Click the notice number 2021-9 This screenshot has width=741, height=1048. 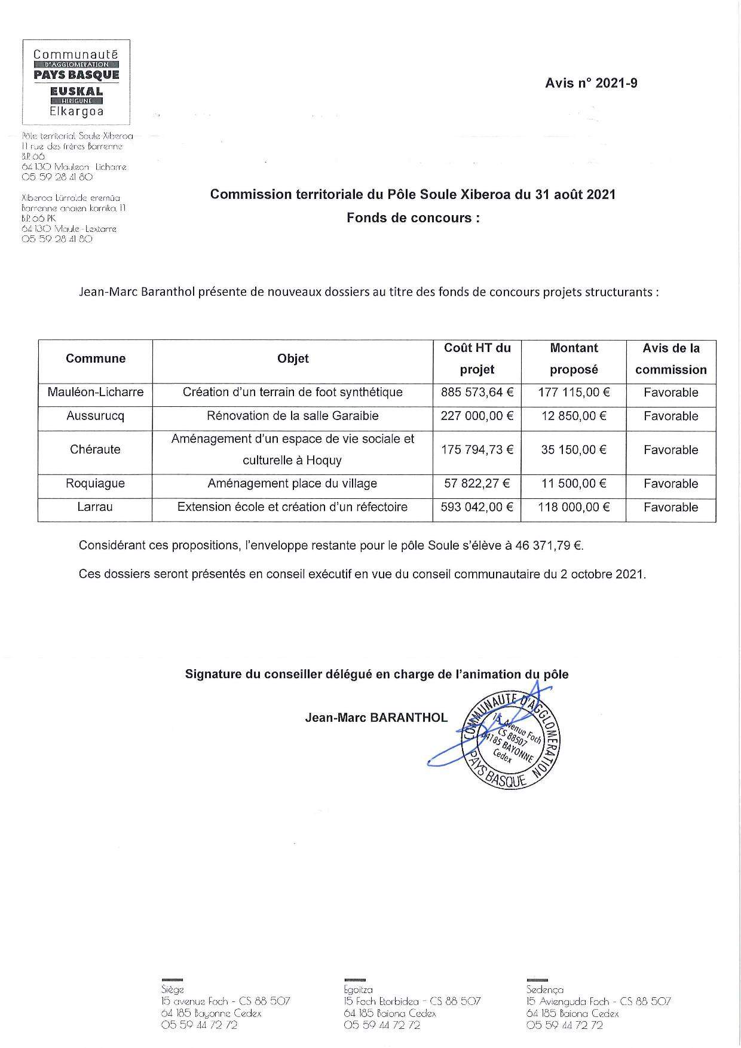click(590, 83)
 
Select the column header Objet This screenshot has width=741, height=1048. click(293, 358)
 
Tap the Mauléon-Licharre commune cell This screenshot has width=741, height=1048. click(96, 393)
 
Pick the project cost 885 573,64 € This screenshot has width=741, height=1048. click(477, 393)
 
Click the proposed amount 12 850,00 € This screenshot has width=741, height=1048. click(574, 416)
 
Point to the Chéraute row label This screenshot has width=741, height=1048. click(96, 450)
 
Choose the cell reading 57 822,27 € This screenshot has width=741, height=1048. click(477, 484)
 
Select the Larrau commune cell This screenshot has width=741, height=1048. click(96, 507)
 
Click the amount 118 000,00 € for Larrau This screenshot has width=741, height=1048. click(574, 507)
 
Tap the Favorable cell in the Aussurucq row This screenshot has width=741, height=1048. click(670, 416)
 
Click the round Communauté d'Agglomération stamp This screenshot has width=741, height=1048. click(511, 739)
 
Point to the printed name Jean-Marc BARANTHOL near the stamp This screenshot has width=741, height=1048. click(376, 718)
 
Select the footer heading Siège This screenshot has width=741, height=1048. click(172, 989)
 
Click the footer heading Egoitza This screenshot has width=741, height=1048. click(358, 989)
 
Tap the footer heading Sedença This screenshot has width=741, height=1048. click(544, 989)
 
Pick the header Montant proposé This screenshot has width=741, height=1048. click(574, 358)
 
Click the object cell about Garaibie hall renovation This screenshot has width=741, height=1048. click(293, 416)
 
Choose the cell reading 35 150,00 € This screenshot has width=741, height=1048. click(574, 450)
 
